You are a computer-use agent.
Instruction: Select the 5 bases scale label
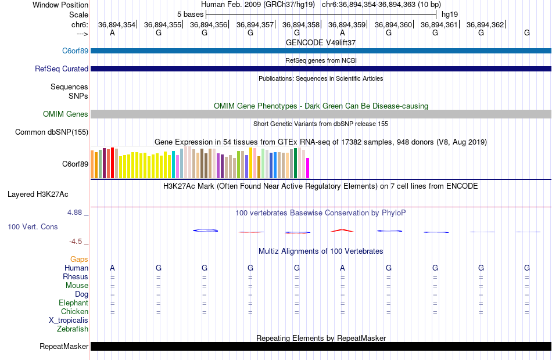pyautogui.click(x=190, y=14)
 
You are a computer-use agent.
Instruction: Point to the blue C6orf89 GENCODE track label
pyautogui.click(x=75, y=51)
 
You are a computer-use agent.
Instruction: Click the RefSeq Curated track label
pyautogui.click(x=62, y=69)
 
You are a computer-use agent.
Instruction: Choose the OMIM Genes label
pyautogui.click(x=66, y=114)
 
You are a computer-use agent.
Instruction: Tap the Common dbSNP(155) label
pyautogui.click(x=51, y=132)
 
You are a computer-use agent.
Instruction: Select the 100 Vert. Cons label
pyautogui.click(x=33, y=227)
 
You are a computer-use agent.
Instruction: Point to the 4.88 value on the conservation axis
pyautogui.click(x=75, y=213)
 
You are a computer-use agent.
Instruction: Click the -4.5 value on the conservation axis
pyautogui.click(x=76, y=242)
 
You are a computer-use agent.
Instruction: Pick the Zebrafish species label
pyautogui.click(x=73, y=329)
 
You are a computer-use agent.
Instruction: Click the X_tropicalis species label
pyautogui.click(x=69, y=321)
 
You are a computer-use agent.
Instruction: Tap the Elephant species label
pyautogui.click(x=73, y=303)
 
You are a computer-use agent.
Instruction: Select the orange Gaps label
pyautogui.click(x=79, y=260)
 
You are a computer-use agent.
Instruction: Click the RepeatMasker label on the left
pyautogui.click(x=64, y=347)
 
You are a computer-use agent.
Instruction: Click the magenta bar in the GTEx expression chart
pyautogui.click(x=307, y=168)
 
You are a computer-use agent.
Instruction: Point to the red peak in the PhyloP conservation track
pyautogui.click(x=342, y=231)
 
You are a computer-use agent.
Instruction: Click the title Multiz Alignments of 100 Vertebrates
pyautogui.click(x=321, y=251)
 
